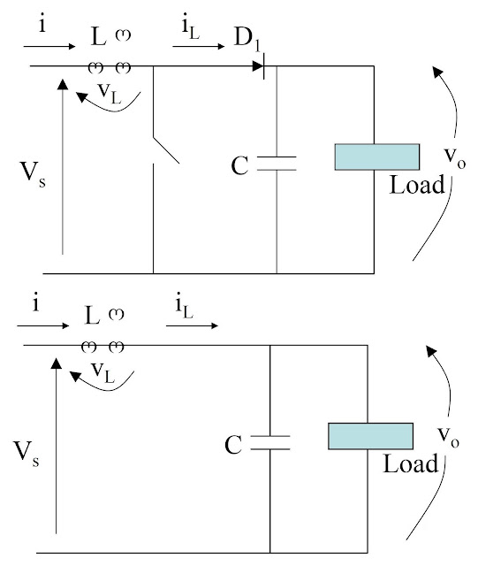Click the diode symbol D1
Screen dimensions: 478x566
click(x=259, y=66)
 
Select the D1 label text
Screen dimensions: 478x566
click(x=247, y=38)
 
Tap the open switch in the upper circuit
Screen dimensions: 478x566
click(x=166, y=150)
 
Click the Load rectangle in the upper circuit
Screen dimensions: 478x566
click(x=377, y=157)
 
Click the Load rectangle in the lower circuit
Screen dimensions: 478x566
click(x=370, y=436)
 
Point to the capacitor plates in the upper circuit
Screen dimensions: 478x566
click(x=277, y=163)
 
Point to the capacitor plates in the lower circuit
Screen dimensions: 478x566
click(x=270, y=442)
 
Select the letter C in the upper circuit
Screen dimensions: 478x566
click(x=239, y=165)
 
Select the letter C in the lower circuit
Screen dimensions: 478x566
click(x=233, y=445)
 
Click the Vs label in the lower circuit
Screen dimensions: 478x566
click(x=27, y=454)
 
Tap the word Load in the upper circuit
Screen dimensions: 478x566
click(x=417, y=185)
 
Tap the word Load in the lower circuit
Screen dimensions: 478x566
click(x=411, y=463)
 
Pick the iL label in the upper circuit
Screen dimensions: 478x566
click(x=191, y=28)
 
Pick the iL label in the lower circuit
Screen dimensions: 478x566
click(x=185, y=308)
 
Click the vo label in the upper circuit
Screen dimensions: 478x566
click(x=455, y=157)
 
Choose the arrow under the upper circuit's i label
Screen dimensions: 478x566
click(x=49, y=46)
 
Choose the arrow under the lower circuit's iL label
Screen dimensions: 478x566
click(x=192, y=325)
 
